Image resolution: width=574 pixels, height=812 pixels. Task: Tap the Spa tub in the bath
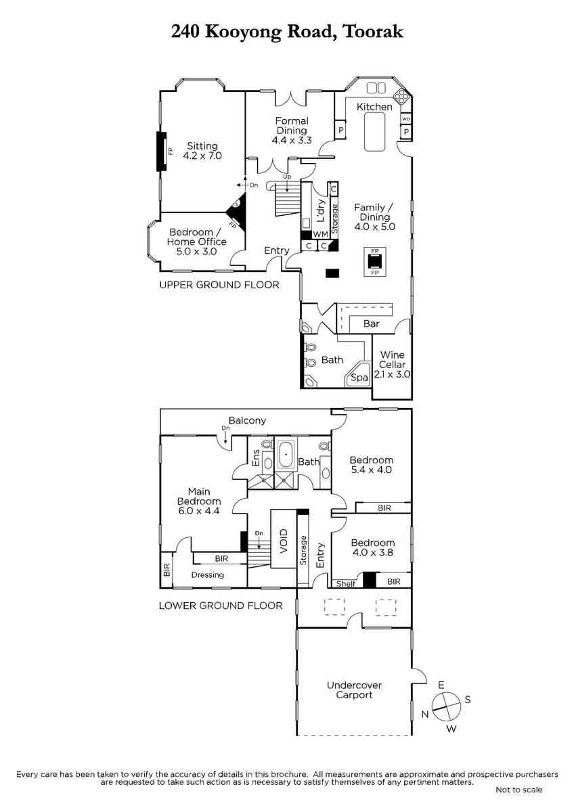click(x=358, y=374)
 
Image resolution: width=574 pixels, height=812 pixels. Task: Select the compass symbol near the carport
click(x=446, y=706)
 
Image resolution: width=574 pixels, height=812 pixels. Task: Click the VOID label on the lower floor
click(x=284, y=541)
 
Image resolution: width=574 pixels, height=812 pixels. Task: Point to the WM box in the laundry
click(x=320, y=235)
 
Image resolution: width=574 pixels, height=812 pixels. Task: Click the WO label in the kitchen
click(x=406, y=119)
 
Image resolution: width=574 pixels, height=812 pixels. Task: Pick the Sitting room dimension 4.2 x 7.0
click(x=202, y=156)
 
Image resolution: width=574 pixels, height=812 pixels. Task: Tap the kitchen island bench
click(x=374, y=131)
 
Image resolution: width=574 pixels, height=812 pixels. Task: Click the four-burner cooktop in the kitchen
click(x=402, y=95)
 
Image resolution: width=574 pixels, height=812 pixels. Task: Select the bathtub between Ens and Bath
click(x=286, y=454)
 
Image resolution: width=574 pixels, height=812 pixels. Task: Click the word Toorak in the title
click(x=373, y=32)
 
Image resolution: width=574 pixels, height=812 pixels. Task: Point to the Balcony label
click(x=247, y=420)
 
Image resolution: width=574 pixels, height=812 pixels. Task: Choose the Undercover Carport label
click(x=354, y=690)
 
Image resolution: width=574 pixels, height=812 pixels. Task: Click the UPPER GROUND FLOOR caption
click(x=219, y=285)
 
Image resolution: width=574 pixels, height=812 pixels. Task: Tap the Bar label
click(x=372, y=323)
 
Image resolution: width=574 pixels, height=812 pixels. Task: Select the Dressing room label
click(x=207, y=575)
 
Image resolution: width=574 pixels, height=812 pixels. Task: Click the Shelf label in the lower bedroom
click(x=346, y=583)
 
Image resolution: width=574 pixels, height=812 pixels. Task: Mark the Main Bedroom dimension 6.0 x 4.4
click(x=199, y=511)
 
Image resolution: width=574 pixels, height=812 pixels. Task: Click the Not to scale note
click(x=519, y=790)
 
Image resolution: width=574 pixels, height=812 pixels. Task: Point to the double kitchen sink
click(x=376, y=88)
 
